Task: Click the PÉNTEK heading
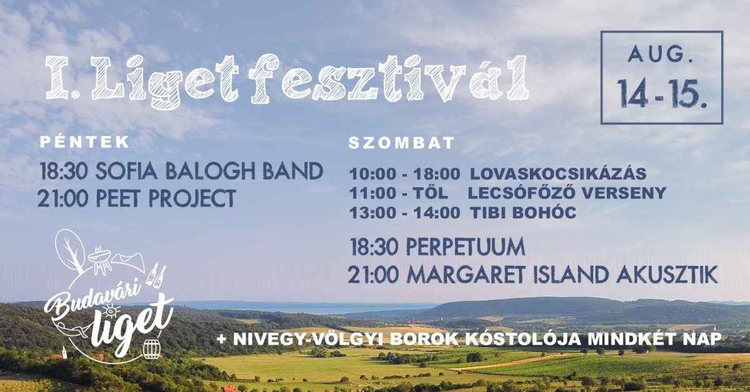(85, 142)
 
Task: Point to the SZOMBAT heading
(401, 143)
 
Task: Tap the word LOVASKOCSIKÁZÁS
(558, 174)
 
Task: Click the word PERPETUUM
(465, 247)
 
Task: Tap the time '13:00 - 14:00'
(404, 213)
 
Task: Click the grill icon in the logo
(99, 258)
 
